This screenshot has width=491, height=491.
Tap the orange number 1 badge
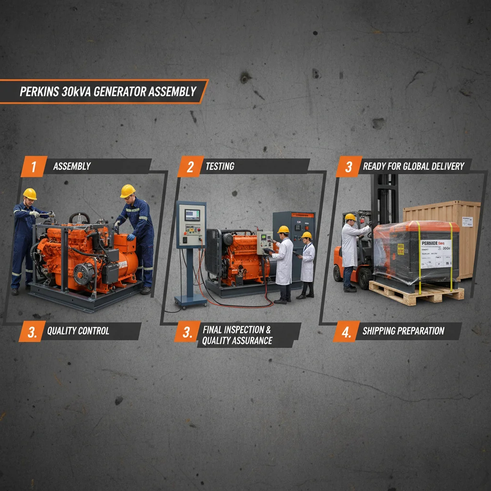click(x=34, y=166)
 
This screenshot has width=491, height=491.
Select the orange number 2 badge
click(x=190, y=166)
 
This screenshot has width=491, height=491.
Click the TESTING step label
click(x=220, y=166)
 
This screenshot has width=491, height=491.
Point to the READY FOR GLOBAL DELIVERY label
click(x=413, y=166)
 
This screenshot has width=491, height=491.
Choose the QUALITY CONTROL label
click(x=78, y=331)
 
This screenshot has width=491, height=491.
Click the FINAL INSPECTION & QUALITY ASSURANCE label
click(x=237, y=335)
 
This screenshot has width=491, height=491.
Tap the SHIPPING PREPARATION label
click(x=403, y=331)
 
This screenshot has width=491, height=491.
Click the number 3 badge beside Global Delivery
click(x=349, y=166)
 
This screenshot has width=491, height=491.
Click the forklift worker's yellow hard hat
click(x=351, y=217)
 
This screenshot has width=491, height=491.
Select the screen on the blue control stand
click(x=192, y=214)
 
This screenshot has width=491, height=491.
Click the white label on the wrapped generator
click(x=435, y=253)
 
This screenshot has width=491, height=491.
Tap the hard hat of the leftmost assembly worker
click(x=30, y=194)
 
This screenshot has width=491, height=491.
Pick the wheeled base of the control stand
click(x=190, y=301)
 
